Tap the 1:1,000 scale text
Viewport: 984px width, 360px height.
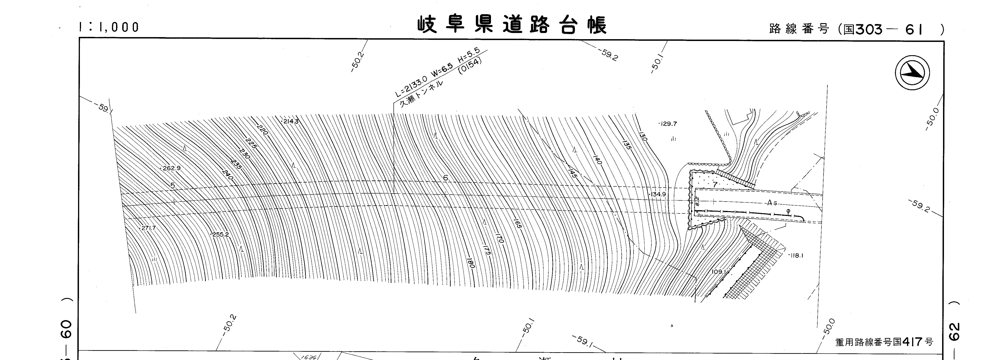(109, 27)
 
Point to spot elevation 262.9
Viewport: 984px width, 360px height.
(171, 168)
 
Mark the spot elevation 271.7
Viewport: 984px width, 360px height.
(148, 228)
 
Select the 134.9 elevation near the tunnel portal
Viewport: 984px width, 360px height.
(658, 194)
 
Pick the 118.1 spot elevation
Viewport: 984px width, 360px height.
(796, 256)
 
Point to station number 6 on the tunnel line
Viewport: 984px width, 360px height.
(445, 178)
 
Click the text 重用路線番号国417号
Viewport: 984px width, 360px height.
(884, 342)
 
